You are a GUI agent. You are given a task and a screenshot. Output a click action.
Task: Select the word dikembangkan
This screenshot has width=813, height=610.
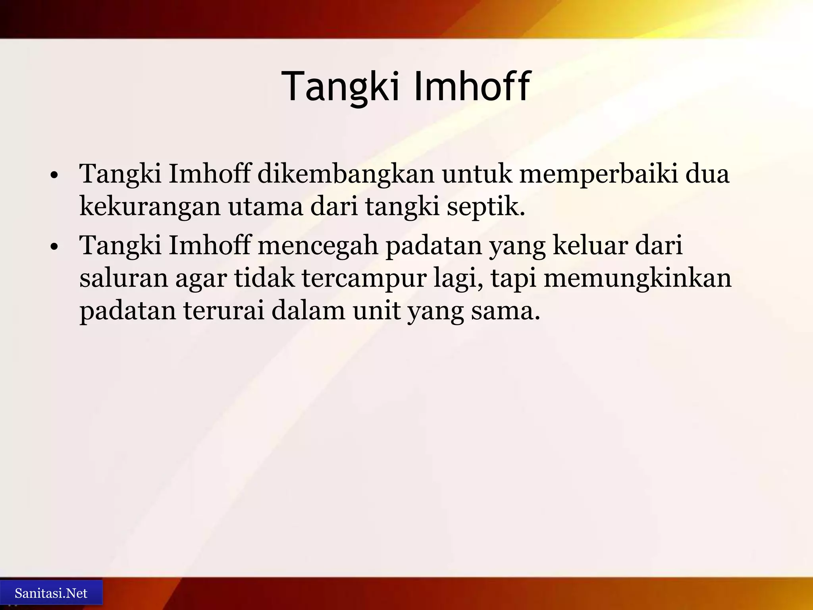click(346, 174)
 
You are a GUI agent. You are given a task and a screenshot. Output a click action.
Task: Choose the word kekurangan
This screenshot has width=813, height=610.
click(150, 207)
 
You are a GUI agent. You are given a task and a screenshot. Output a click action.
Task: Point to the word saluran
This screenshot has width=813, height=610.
click(123, 278)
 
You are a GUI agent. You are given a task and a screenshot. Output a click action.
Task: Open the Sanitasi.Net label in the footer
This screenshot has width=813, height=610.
click(51, 593)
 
